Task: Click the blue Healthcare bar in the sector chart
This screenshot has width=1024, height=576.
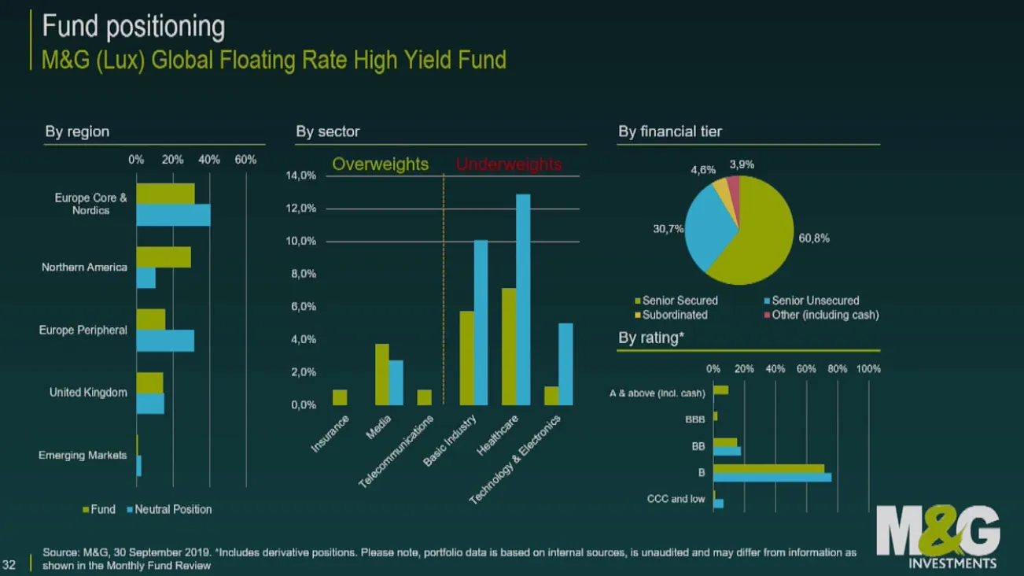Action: (x=523, y=299)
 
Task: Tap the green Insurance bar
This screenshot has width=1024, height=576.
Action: (x=340, y=397)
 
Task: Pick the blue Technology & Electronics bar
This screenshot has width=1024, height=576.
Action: (x=565, y=364)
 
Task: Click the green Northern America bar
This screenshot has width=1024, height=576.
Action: (x=164, y=257)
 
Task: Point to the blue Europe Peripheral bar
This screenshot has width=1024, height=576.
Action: (x=165, y=341)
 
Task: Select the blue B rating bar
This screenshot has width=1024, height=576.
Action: (x=772, y=477)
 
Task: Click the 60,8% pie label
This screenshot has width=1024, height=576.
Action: (x=814, y=238)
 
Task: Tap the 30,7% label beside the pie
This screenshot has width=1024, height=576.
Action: (x=669, y=228)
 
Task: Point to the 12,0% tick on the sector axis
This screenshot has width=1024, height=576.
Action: (x=303, y=209)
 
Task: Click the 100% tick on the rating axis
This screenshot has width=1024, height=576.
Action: (x=868, y=368)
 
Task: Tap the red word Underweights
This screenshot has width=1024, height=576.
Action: (x=509, y=164)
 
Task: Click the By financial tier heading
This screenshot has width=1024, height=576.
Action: (x=669, y=131)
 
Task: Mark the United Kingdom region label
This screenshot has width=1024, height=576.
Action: (x=88, y=392)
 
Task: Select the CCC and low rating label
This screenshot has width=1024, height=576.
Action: (x=676, y=499)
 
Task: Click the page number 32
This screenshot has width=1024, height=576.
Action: (x=10, y=563)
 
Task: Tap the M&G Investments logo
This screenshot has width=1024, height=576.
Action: (x=937, y=537)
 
